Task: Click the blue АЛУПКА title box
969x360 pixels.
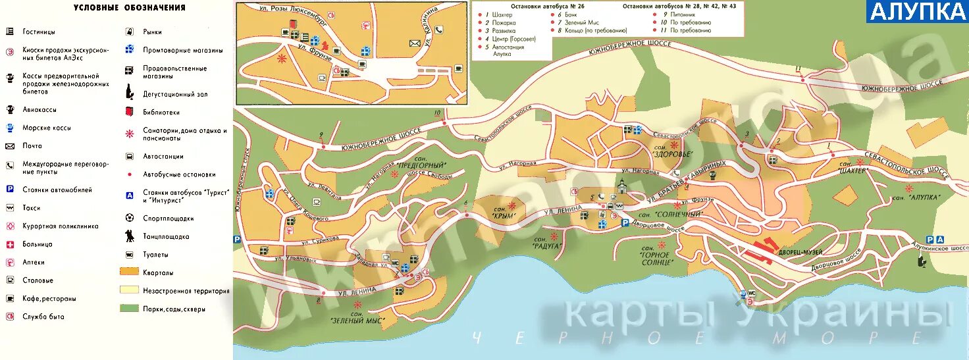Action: (x=916, y=11)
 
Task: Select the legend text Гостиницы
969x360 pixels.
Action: (x=39, y=32)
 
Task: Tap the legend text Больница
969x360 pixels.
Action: (x=37, y=244)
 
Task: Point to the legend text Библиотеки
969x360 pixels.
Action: (x=161, y=113)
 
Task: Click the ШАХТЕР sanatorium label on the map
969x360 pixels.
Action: (x=852, y=170)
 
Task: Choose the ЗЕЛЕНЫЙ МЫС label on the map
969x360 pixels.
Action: (x=357, y=319)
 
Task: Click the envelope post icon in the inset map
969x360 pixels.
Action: (x=415, y=43)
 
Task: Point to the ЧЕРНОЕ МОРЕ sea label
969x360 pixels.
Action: (x=698, y=338)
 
